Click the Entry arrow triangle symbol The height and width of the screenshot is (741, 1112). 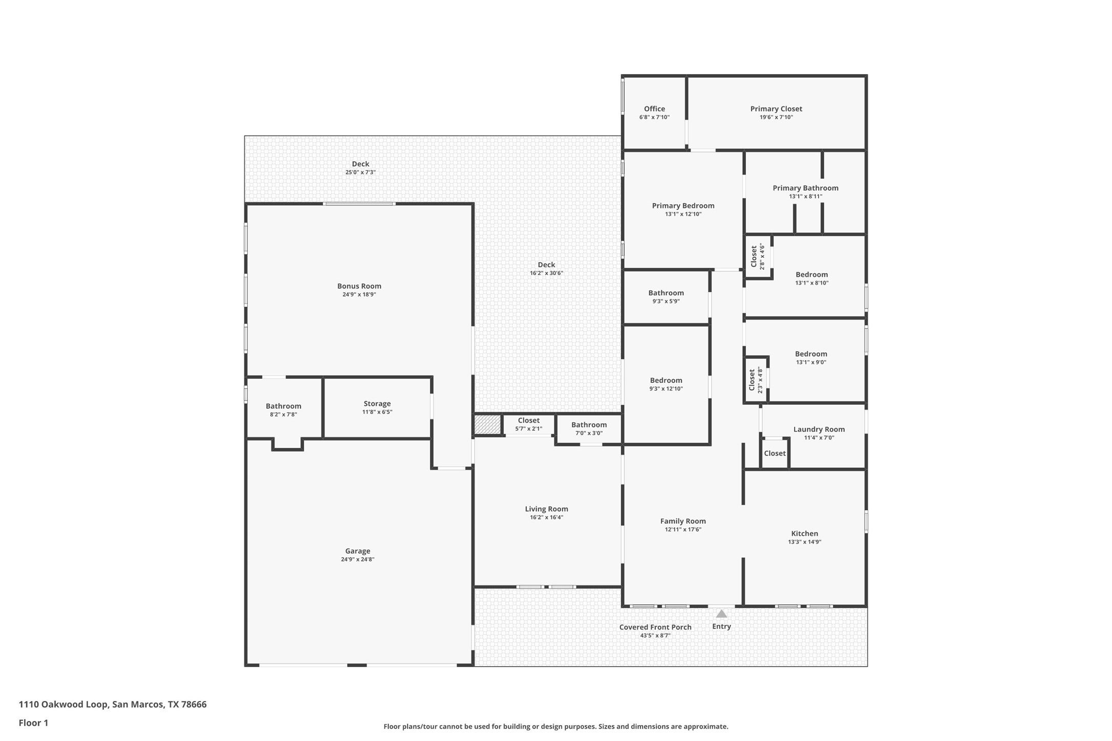tap(721, 614)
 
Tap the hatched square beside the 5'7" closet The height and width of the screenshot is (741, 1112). tap(487, 425)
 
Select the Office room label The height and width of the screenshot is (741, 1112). tap(654, 108)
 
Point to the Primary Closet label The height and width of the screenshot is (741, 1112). tap(776, 108)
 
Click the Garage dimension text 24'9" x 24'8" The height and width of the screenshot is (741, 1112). tap(357, 559)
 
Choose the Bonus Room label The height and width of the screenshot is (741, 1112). tap(359, 286)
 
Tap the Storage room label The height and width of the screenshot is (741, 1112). tap(377, 404)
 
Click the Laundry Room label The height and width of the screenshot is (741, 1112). tap(819, 429)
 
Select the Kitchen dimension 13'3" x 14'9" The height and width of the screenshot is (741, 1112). tap(805, 542)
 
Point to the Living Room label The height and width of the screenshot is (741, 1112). tap(546, 509)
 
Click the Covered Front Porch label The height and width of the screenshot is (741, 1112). tap(655, 627)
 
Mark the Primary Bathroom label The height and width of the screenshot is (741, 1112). tap(805, 188)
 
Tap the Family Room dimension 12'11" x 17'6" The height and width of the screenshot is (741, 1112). tap(683, 530)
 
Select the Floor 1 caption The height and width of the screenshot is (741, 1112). tap(33, 723)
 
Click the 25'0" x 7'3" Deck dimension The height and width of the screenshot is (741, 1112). tap(360, 172)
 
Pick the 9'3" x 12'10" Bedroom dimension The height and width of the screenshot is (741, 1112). tap(666, 389)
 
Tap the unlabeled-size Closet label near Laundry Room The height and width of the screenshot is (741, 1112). tap(775, 453)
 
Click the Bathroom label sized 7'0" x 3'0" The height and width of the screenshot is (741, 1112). tap(589, 425)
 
